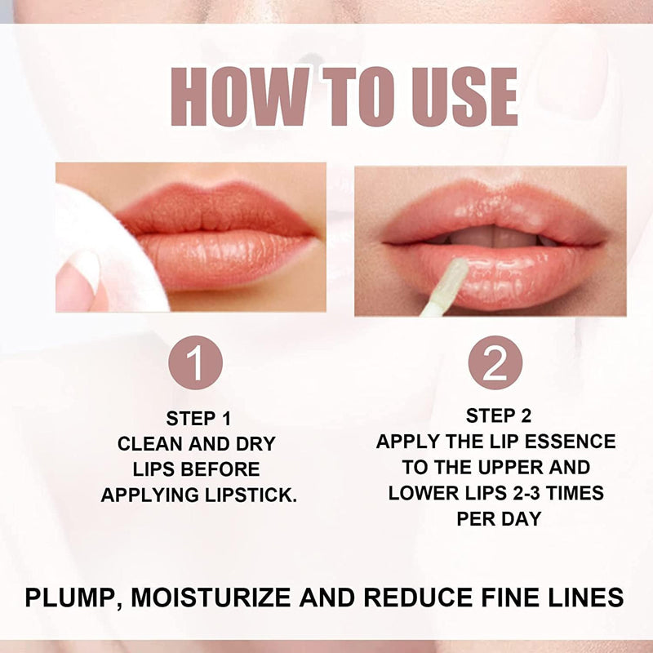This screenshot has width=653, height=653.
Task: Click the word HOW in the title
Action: pos(240,96)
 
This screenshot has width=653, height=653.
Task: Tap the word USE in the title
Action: pos(464,96)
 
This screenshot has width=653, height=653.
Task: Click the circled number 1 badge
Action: pos(195,362)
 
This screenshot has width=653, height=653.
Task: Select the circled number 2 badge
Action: pos(495,362)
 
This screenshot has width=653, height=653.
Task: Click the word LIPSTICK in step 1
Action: pos(251,495)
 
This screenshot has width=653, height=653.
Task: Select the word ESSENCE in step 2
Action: pos(570,442)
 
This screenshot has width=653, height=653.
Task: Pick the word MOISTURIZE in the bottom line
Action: pos(211,597)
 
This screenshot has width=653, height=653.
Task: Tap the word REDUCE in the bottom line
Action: pos(418,597)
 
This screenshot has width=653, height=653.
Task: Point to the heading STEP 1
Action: pos(198,419)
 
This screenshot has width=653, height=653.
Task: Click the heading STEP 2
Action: pos(499,415)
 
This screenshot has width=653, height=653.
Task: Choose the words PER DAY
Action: pos(499,519)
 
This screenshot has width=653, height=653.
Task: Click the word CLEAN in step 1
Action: pos(149,444)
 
